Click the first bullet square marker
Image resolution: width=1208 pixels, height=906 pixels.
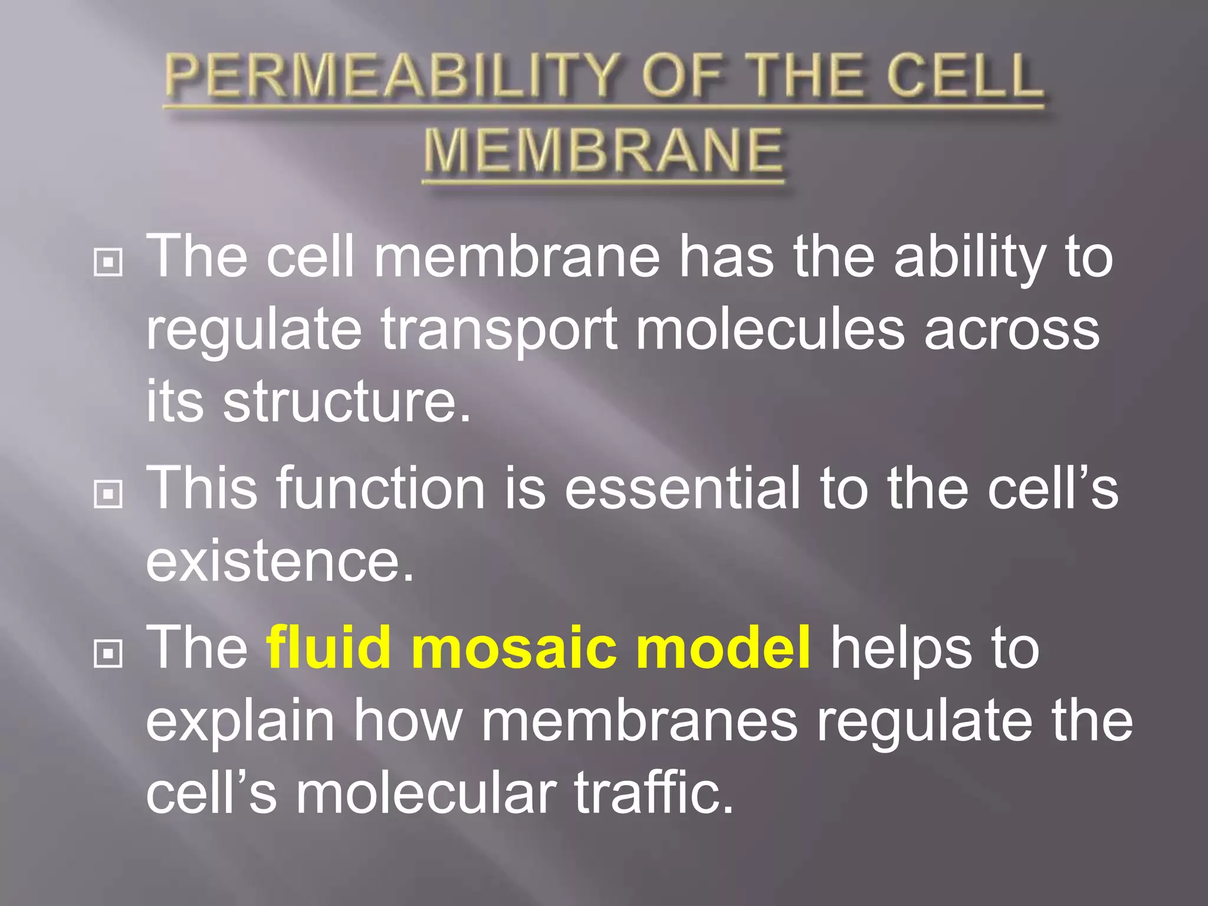point(108,262)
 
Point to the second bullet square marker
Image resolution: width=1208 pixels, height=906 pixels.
point(108,494)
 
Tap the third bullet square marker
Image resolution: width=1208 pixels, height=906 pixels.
point(108,653)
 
